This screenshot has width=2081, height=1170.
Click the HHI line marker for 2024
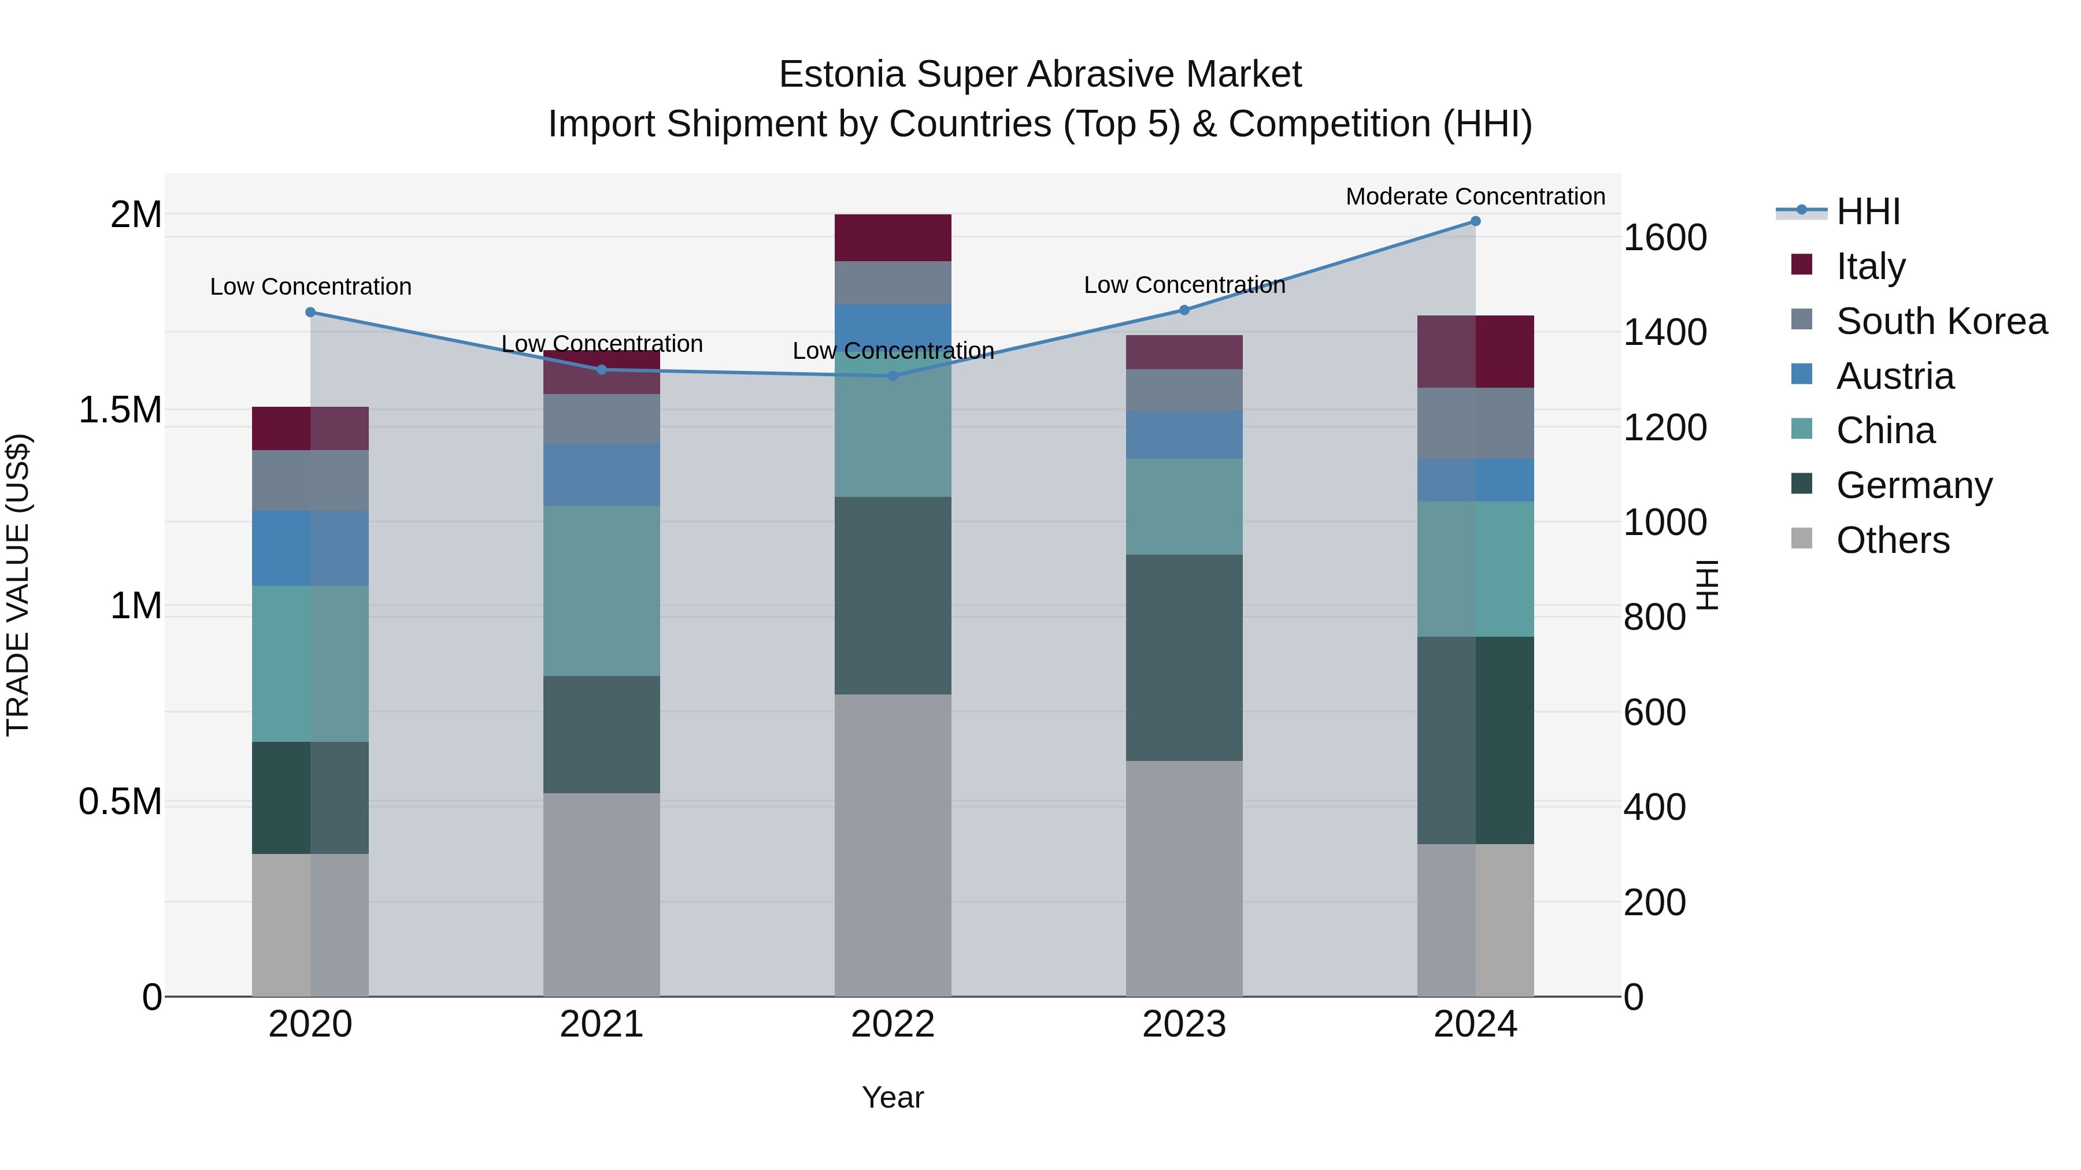(1475, 221)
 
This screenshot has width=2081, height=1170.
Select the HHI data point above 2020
(310, 313)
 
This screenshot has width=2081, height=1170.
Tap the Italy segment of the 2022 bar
(893, 238)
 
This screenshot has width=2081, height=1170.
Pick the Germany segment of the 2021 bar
(601, 735)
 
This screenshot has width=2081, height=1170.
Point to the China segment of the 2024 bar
(1475, 569)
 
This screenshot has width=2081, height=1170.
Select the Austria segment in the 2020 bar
(310, 548)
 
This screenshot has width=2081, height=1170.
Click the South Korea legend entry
(1941, 321)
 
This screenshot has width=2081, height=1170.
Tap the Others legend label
(1893, 540)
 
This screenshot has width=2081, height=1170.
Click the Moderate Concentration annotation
(1475, 196)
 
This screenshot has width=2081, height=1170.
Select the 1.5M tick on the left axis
(120, 410)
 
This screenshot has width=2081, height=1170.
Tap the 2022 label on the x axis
(893, 1024)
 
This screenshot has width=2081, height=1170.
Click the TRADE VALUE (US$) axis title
(18, 585)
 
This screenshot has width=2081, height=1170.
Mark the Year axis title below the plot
(893, 1097)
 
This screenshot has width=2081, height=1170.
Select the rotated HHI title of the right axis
(1707, 585)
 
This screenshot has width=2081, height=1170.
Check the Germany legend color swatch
(1801, 485)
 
